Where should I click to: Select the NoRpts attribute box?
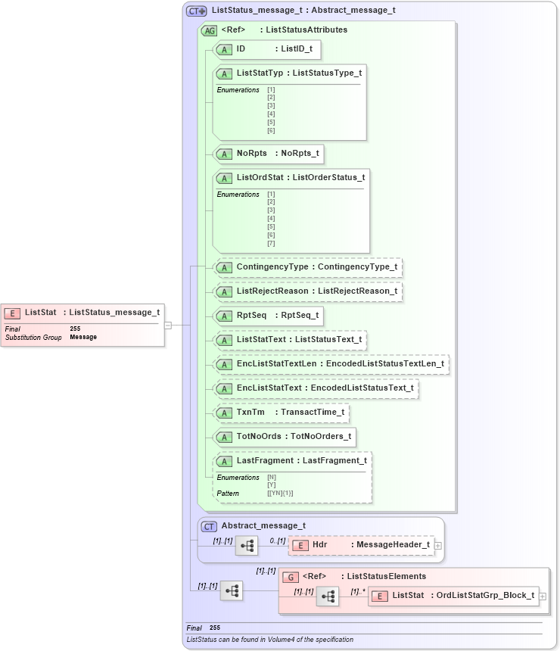[269, 154]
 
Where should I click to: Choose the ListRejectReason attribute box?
[306, 291]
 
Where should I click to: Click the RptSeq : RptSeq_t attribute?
[269, 316]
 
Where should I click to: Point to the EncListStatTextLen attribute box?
[331, 364]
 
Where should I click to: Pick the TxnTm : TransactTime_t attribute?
[281, 413]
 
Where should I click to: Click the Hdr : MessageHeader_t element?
[362, 545]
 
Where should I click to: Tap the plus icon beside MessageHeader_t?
[437, 545]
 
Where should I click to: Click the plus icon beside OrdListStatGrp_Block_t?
[542, 596]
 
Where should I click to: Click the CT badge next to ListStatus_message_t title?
[197, 11]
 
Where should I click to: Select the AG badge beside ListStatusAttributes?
[209, 30]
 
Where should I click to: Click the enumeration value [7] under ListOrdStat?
[271, 243]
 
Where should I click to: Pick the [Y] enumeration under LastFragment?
[272, 485]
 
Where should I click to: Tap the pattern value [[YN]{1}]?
[280, 494]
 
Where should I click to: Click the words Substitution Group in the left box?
[33, 338]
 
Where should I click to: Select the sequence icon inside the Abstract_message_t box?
[247, 545]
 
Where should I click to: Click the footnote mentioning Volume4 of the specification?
[269, 640]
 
